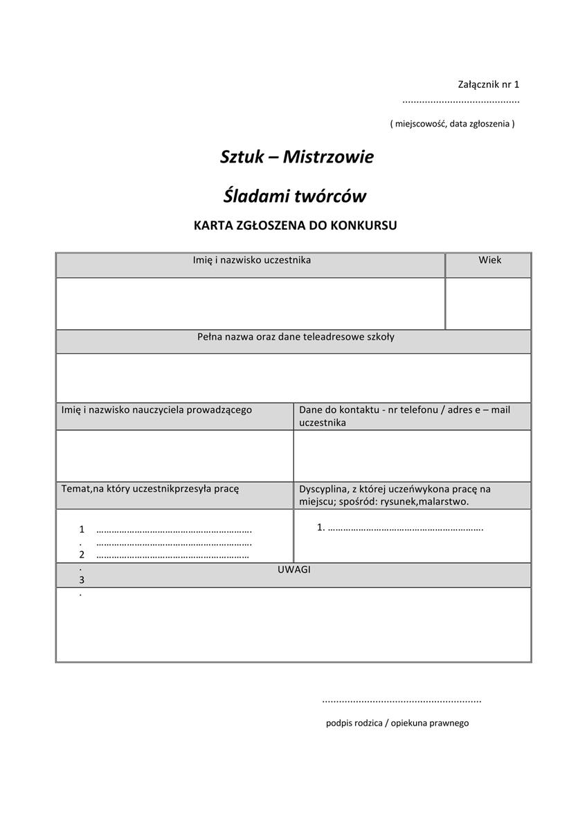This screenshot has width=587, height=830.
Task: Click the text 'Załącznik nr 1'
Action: click(x=488, y=84)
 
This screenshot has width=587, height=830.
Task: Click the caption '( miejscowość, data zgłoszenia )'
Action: click(x=452, y=124)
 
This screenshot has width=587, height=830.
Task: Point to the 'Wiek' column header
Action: click(x=489, y=260)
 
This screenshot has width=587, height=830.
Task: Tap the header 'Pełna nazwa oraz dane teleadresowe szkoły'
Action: click(x=296, y=337)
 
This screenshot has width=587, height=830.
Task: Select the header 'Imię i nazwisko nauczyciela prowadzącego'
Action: click(x=156, y=409)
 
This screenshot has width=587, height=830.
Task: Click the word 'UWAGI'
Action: click(x=293, y=569)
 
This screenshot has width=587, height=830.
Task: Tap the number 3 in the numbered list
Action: click(x=82, y=580)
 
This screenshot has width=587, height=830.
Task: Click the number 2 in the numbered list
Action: click(x=82, y=554)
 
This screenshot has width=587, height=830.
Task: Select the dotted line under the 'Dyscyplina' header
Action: click(x=405, y=528)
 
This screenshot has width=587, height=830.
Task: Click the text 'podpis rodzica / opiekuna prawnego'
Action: click(x=397, y=723)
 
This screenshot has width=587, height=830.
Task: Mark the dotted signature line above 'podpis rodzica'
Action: click(x=401, y=701)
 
